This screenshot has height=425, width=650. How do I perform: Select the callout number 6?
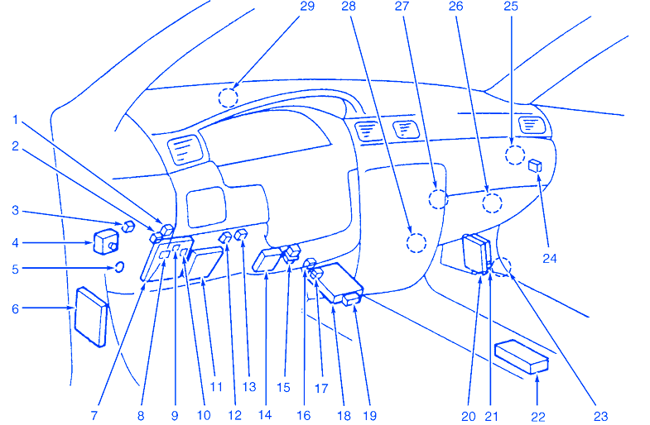point(15,308)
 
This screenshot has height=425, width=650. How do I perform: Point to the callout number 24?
point(550,258)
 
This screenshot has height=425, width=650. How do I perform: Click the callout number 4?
point(15,243)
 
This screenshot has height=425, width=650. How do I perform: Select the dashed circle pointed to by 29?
point(228,98)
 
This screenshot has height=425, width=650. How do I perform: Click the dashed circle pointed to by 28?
point(416,242)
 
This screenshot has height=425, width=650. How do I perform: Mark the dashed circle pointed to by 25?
point(514,154)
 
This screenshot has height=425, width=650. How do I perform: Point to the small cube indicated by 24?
point(535,166)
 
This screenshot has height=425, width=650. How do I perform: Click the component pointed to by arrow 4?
point(106,242)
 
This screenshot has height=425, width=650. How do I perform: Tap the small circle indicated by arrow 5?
point(119,267)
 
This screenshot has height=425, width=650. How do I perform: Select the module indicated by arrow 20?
point(474,253)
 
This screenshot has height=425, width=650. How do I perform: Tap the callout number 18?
point(333,389)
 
